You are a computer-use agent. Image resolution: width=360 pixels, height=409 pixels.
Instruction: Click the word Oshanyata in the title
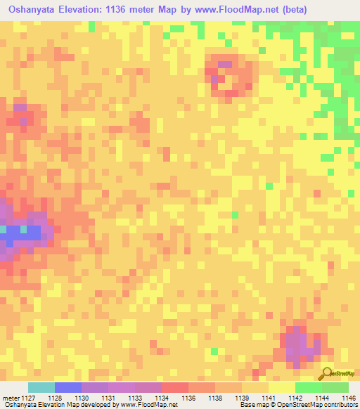click(x=34, y=8)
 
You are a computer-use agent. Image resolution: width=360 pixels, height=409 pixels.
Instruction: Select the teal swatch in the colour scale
click(x=41, y=387)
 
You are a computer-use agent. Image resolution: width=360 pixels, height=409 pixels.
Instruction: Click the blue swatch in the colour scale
click(x=68, y=387)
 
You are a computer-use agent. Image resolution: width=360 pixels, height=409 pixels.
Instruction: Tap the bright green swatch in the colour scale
click(x=309, y=387)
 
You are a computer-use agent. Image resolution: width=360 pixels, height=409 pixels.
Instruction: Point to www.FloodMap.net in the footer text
click(x=148, y=405)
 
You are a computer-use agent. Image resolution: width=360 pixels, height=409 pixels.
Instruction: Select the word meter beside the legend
click(x=11, y=398)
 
